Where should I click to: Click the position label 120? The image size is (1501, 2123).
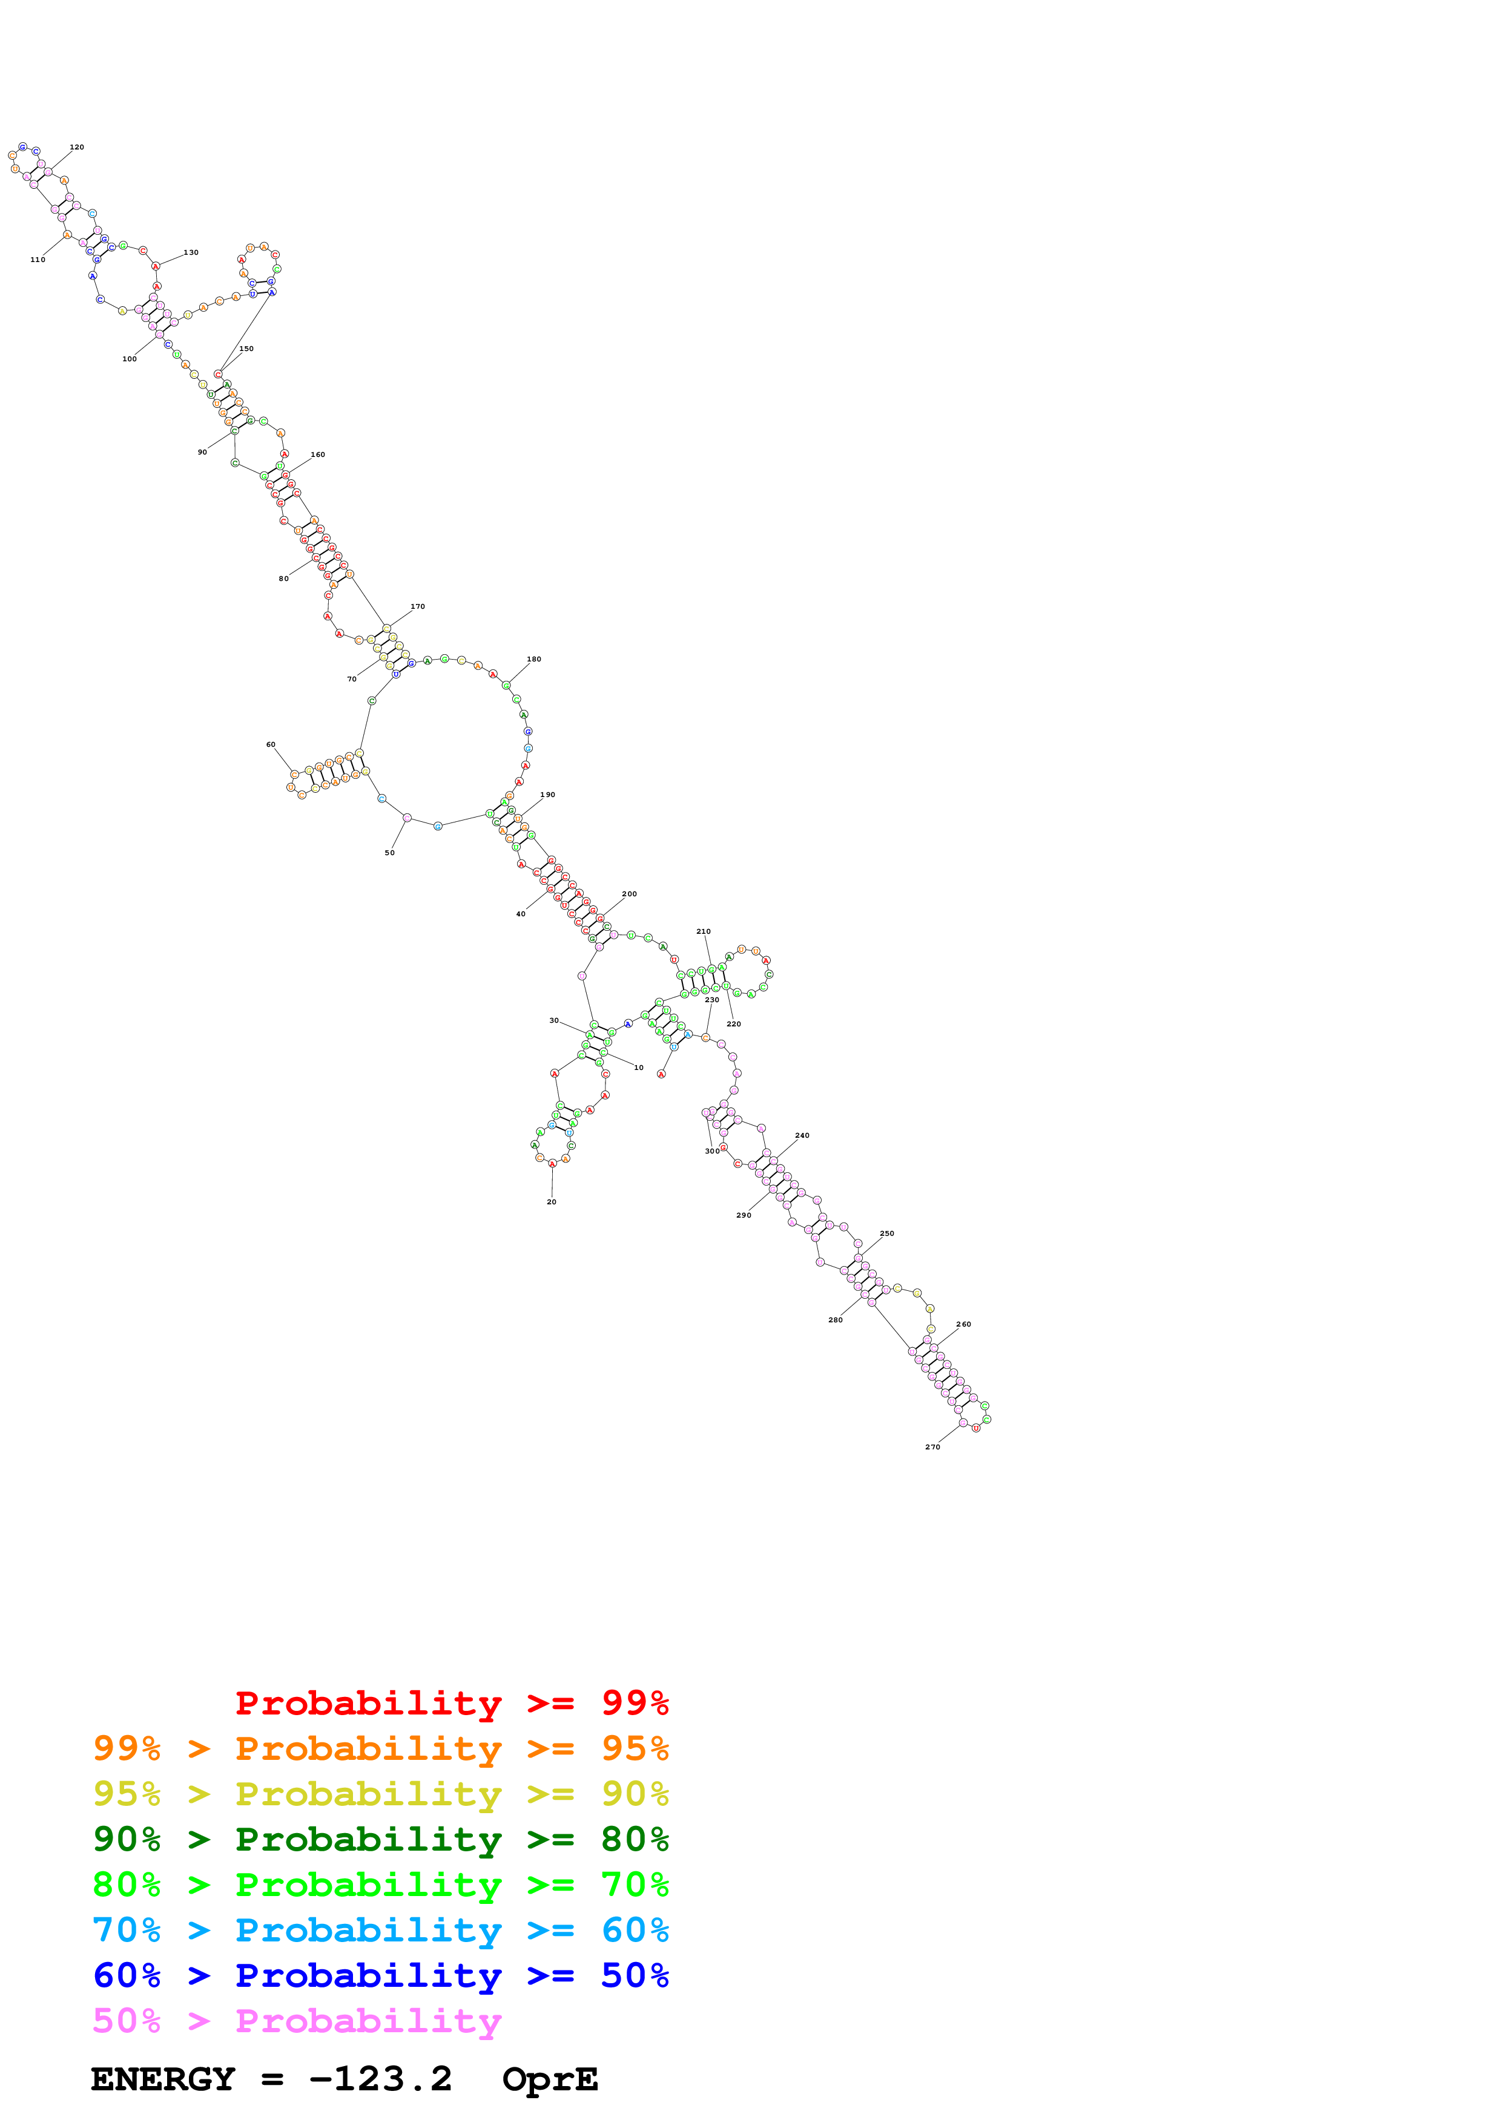click(77, 147)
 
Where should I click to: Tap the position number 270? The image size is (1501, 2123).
click(932, 1447)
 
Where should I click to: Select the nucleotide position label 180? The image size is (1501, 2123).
click(533, 659)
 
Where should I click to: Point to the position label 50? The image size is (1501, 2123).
click(389, 853)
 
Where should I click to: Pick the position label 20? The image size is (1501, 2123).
click(551, 1202)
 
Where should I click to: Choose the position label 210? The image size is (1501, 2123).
click(703, 931)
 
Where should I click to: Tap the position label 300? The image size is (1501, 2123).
click(711, 1151)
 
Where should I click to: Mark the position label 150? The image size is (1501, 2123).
click(246, 349)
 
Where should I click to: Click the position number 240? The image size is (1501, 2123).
click(802, 1135)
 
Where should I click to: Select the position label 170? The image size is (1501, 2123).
click(417, 606)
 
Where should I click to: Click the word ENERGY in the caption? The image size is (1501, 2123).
click(163, 2079)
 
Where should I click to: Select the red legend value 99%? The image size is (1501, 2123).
click(635, 1703)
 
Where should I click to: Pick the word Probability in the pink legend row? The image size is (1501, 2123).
click(368, 2021)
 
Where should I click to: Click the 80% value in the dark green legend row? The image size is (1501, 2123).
click(635, 1839)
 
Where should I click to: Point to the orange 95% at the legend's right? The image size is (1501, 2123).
click(635, 1748)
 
